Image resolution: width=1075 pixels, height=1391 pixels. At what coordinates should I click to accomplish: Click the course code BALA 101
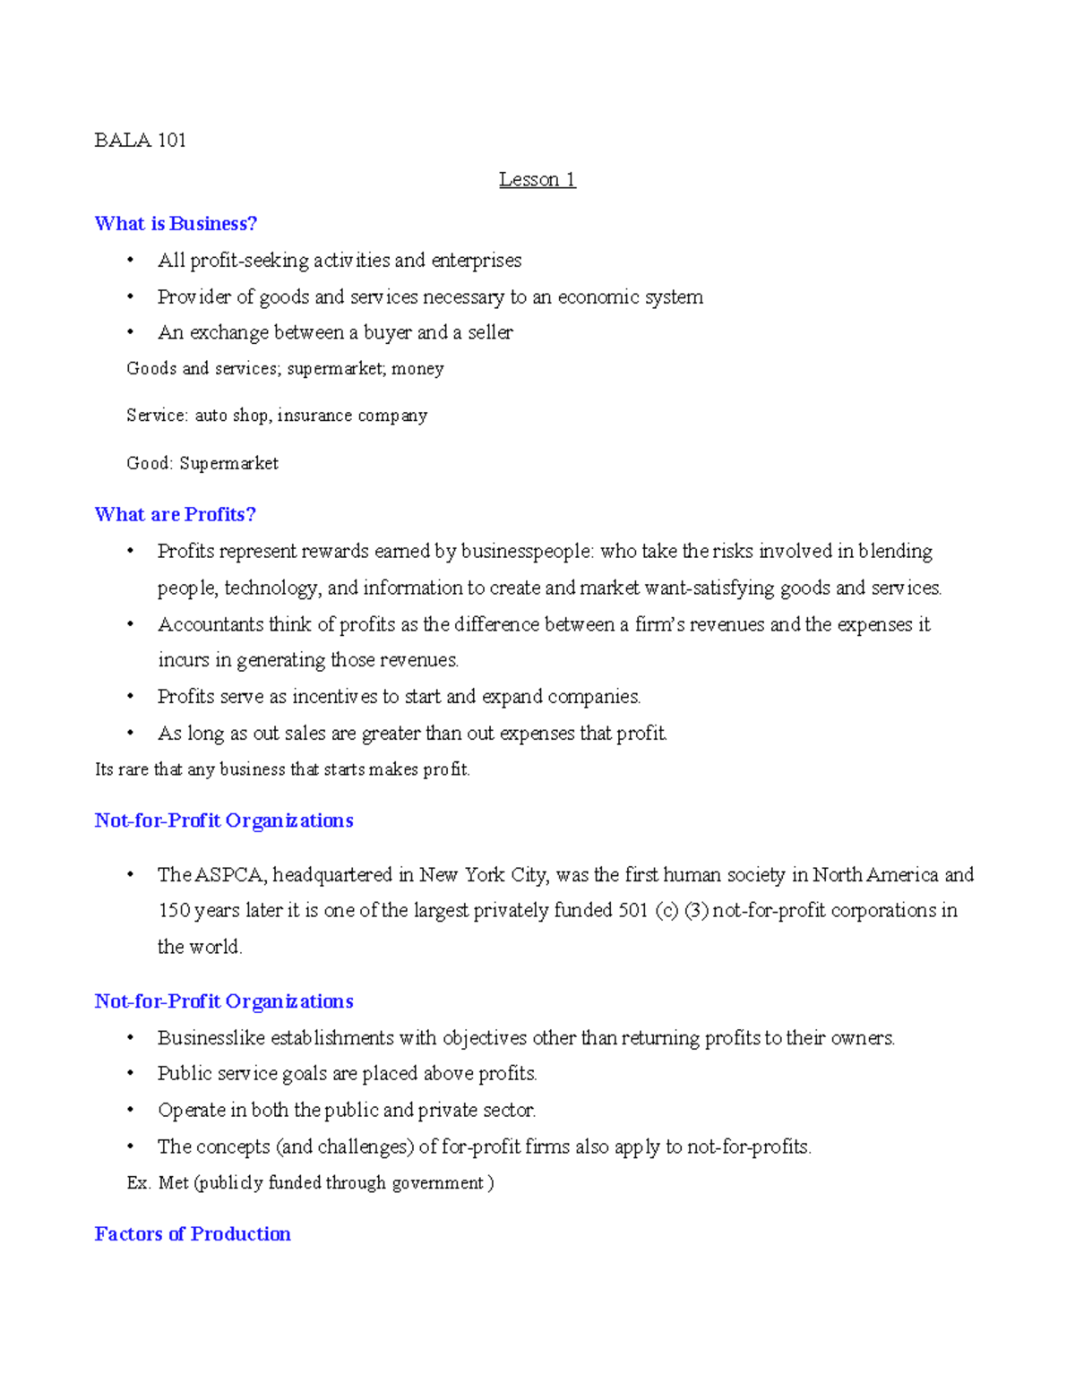pyautogui.click(x=140, y=140)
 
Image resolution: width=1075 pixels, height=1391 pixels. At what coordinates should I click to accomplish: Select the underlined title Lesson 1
pyautogui.click(x=537, y=180)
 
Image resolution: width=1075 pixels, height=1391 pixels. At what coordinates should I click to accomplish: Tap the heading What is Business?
pyautogui.click(x=176, y=224)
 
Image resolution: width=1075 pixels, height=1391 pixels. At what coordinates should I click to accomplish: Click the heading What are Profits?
pyautogui.click(x=175, y=515)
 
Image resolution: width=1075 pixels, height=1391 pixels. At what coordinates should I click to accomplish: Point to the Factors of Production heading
pyautogui.click(x=193, y=1234)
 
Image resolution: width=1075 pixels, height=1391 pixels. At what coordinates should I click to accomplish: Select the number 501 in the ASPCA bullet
pyautogui.click(x=632, y=911)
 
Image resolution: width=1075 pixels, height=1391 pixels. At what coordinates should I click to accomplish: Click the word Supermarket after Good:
pyautogui.click(x=228, y=464)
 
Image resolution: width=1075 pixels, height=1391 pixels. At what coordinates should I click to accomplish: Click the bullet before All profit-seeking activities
pyautogui.click(x=131, y=261)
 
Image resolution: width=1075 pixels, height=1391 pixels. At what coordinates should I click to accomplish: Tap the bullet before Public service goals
pyautogui.click(x=131, y=1074)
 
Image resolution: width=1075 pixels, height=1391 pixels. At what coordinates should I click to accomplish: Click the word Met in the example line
pyautogui.click(x=173, y=1183)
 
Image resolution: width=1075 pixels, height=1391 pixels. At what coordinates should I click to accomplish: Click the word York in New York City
pyautogui.click(x=485, y=875)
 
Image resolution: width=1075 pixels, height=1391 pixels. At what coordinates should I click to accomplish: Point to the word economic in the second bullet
pyautogui.click(x=600, y=297)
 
